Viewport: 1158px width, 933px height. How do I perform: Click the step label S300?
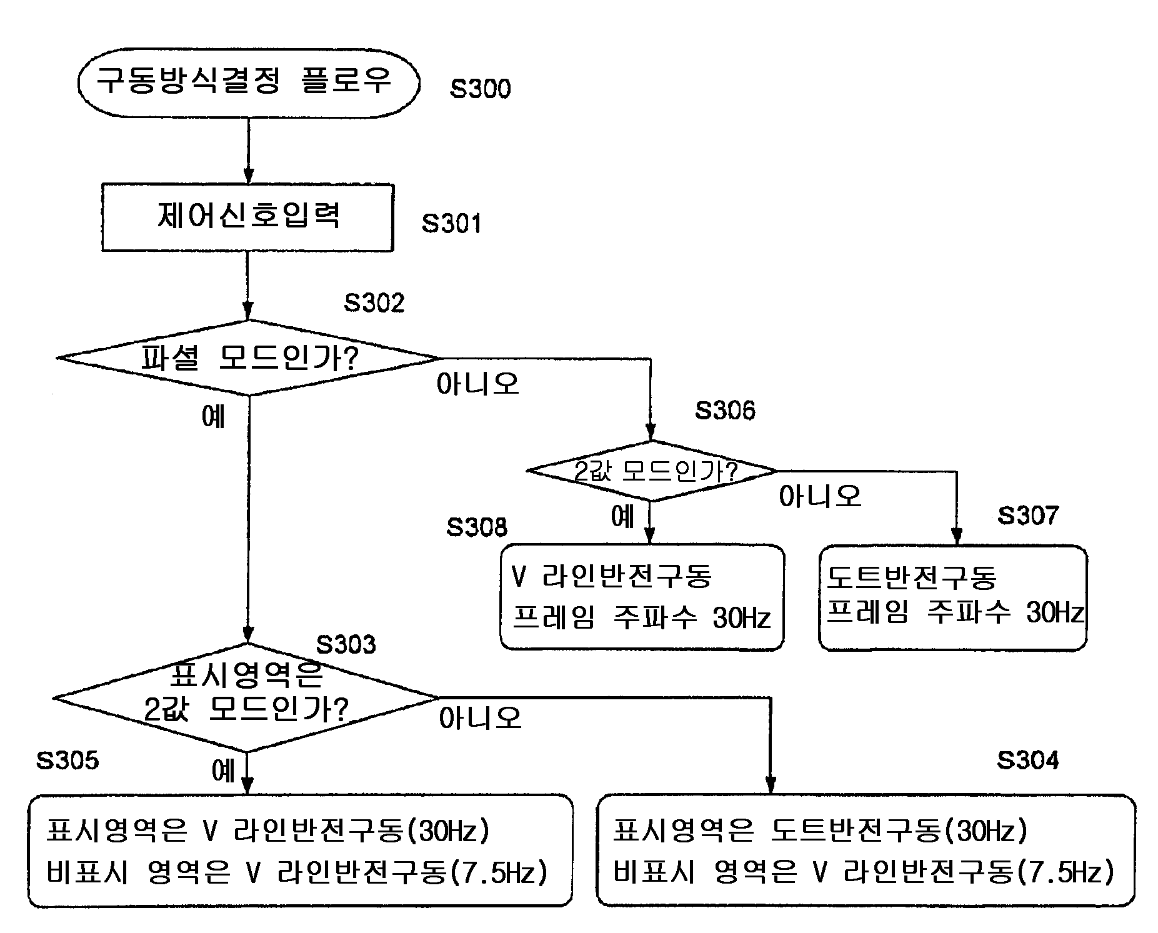click(480, 89)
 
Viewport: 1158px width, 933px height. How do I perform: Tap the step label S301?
click(451, 224)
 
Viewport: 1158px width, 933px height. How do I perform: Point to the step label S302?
click(374, 303)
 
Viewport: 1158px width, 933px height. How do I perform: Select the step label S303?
click(346, 644)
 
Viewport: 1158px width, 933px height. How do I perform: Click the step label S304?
click(1027, 761)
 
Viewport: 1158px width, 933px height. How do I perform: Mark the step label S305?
click(67, 761)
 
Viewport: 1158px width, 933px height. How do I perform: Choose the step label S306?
click(725, 411)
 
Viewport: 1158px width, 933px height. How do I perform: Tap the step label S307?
click(1027, 516)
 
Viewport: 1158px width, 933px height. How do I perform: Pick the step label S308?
click(477, 527)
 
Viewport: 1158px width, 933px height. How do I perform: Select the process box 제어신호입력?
click(247, 217)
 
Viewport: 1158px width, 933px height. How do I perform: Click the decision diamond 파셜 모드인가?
click(248, 358)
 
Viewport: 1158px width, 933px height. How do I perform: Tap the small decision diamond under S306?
click(651, 471)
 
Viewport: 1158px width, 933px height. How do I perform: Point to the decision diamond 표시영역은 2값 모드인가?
click(246, 697)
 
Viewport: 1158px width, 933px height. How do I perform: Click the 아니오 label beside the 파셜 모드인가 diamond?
click(477, 384)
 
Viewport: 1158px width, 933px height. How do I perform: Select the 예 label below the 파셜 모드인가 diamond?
click(213, 417)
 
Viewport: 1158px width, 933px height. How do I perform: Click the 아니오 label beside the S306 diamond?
click(819, 497)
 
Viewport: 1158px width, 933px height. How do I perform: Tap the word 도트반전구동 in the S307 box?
click(911, 577)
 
